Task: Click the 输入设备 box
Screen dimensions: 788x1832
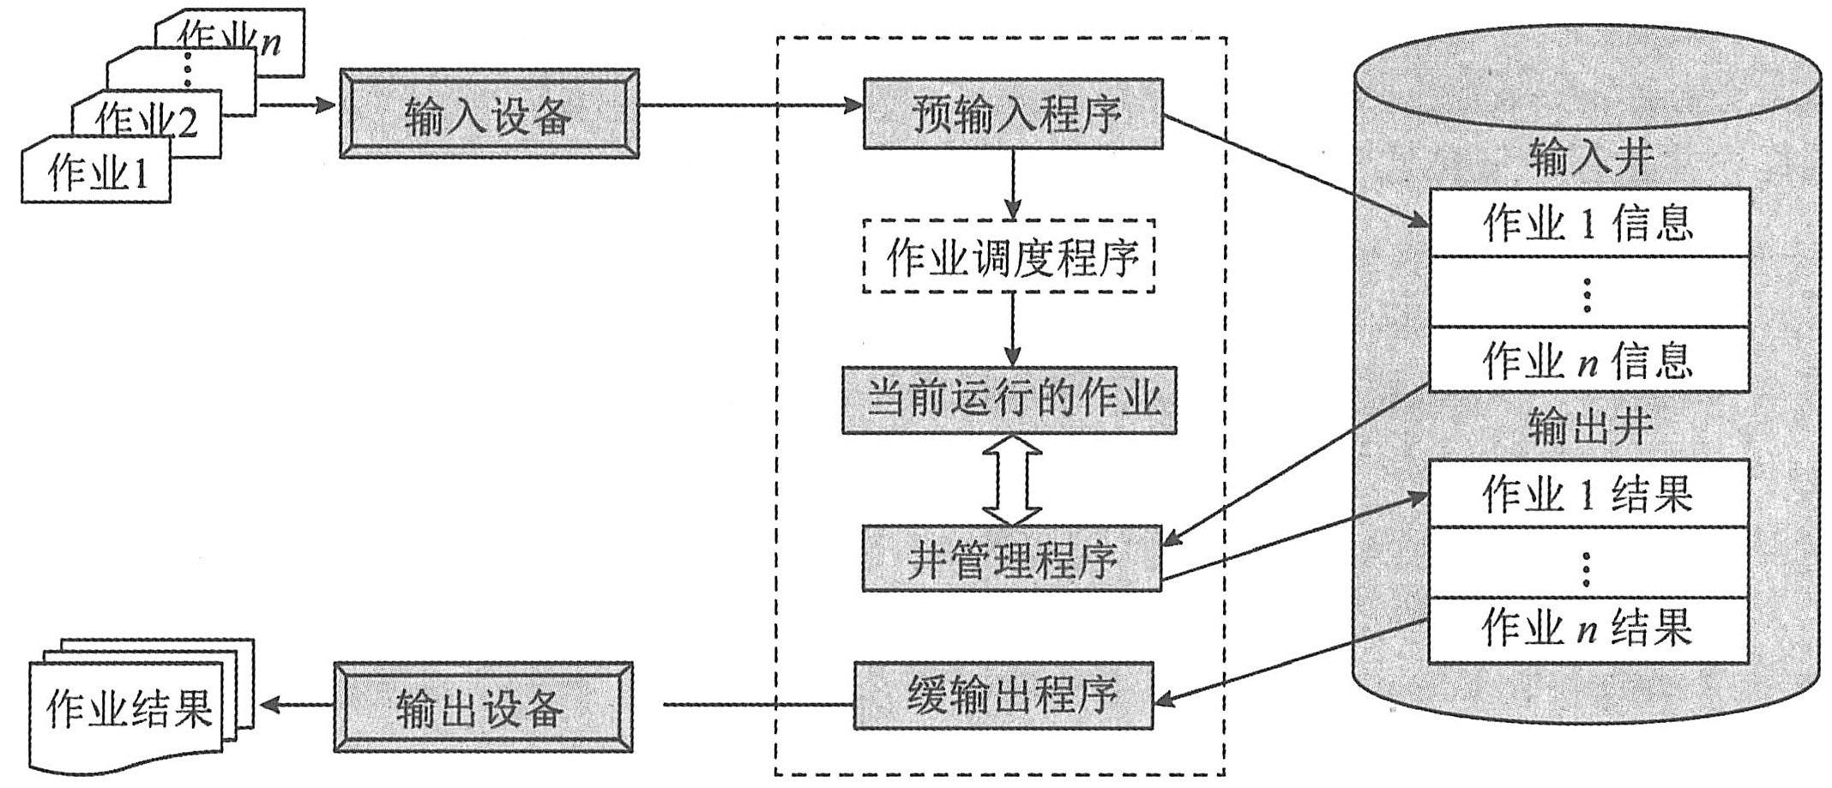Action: pos(489,114)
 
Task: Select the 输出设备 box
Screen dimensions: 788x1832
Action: pos(483,707)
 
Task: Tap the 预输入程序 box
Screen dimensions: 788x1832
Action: pos(1013,114)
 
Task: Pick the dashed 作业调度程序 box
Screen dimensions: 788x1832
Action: pos(1009,256)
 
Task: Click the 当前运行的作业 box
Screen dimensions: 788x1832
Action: pos(1009,400)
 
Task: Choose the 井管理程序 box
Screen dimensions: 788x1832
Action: pos(1011,559)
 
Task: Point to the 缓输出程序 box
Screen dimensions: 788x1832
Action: pos(1003,695)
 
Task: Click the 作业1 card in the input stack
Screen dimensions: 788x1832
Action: pos(96,172)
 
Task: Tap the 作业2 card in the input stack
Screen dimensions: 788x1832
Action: pos(146,120)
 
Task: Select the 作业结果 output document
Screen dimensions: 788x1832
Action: pos(129,710)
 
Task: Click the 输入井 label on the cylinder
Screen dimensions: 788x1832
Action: pos(1589,159)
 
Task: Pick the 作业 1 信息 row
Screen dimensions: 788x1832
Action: pos(1588,223)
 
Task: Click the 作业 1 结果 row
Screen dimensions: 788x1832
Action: pos(1588,494)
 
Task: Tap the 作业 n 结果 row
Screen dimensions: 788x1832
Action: pos(1588,629)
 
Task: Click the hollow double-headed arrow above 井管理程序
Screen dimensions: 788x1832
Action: pos(1012,479)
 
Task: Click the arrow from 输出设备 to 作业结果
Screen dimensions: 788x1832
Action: pos(296,706)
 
